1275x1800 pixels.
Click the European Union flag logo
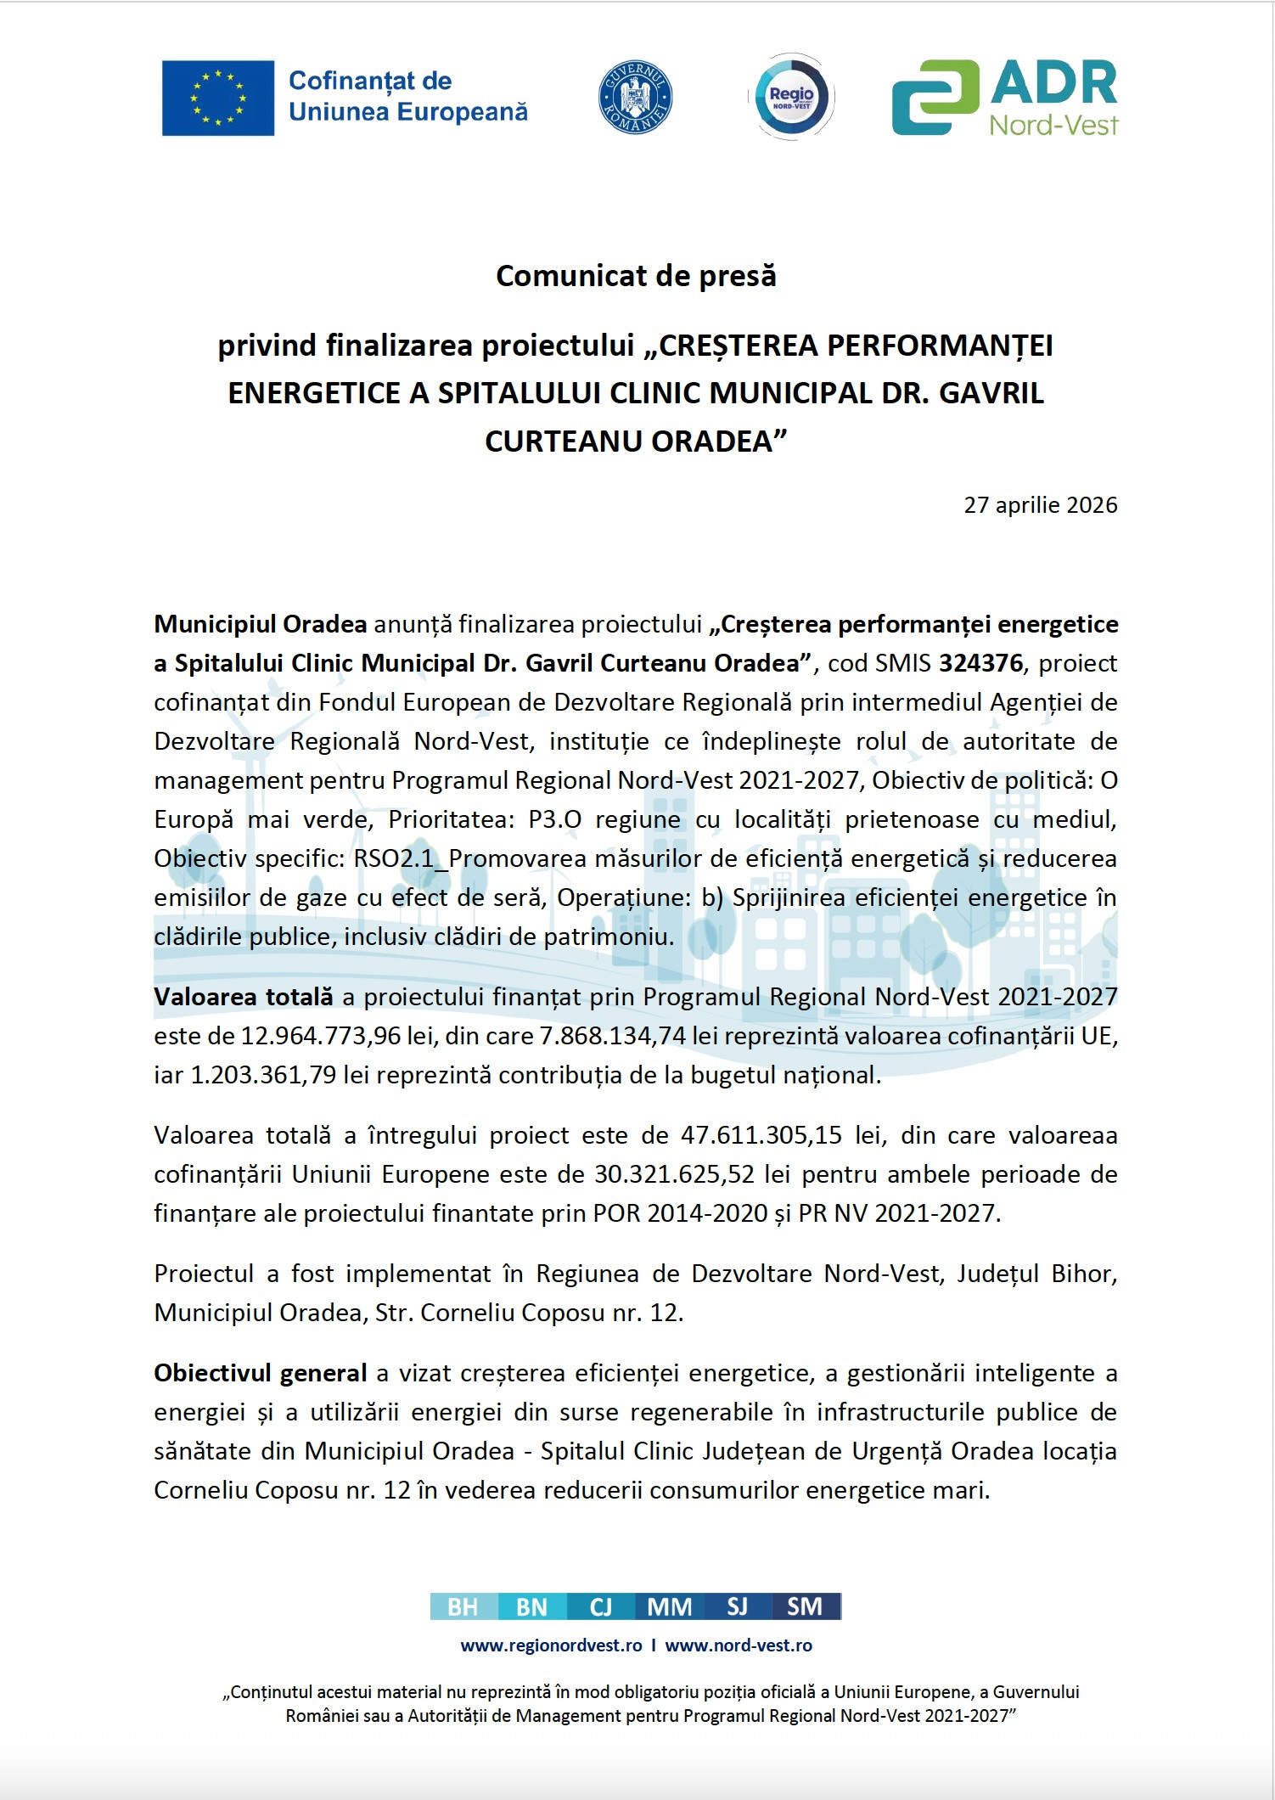(218, 98)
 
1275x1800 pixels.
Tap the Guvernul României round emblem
(635, 98)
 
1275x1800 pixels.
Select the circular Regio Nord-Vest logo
(791, 97)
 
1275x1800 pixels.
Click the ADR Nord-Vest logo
(1005, 98)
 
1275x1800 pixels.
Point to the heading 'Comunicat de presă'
(636, 276)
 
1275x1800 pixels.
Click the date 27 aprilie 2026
(1040, 505)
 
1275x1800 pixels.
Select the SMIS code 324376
(980, 663)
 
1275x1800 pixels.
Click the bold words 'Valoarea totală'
(244, 997)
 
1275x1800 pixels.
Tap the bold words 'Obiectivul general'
(261, 1373)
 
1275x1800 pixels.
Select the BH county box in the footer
(463, 1606)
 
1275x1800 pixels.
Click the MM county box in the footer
(669, 1606)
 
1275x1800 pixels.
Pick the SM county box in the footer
(806, 1606)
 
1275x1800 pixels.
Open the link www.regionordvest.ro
(551, 1645)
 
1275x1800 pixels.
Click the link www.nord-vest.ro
(739, 1645)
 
